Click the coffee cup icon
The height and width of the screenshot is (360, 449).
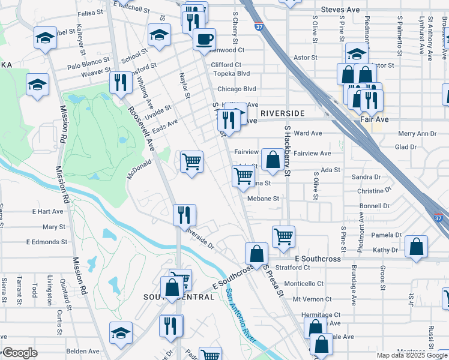tap(204, 40)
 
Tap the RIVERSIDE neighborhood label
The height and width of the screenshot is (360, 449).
tap(282, 113)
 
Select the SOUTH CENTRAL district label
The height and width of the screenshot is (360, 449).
tap(179, 297)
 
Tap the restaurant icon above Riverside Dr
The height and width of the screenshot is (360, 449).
tap(184, 215)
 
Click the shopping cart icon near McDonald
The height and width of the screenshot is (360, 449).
tap(191, 161)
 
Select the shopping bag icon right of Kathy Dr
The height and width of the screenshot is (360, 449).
tap(416, 247)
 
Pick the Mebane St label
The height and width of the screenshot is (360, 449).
tap(264, 198)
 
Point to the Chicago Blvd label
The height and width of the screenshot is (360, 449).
tap(237, 89)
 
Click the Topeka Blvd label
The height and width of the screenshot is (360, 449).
tap(234, 73)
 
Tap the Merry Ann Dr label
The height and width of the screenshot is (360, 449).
tap(417, 134)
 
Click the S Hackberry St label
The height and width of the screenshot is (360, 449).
tap(288, 151)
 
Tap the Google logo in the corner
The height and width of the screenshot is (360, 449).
tap(20, 353)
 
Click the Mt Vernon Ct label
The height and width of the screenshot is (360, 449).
tap(312, 299)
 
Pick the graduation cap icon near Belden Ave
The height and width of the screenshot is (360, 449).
tap(121, 333)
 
